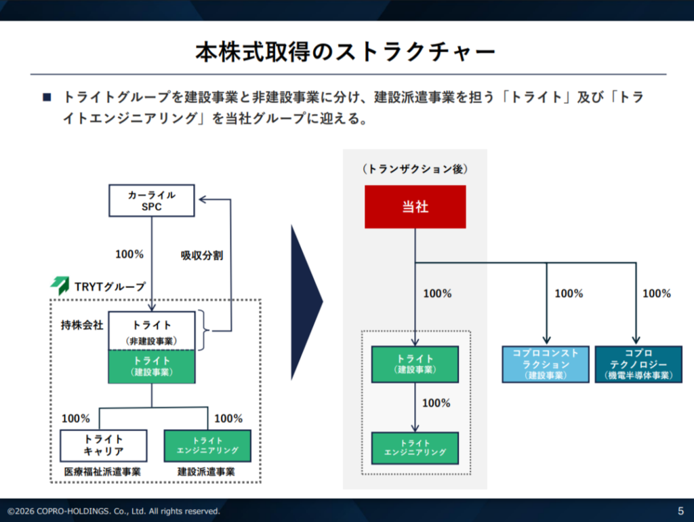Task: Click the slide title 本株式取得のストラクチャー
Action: [346, 52]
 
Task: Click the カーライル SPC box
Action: [152, 201]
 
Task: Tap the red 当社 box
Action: [415, 207]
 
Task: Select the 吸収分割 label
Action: [202, 256]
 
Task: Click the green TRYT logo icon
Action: [59, 285]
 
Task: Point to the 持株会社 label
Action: [81, 325]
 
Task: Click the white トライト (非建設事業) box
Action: [152, 332]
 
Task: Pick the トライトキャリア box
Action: [103, 445]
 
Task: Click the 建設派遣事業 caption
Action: [207, 471]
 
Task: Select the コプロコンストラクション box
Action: [546, 364]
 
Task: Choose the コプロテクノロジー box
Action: [638, 364]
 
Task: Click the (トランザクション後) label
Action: [415, 168]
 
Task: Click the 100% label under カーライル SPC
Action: [129, 254]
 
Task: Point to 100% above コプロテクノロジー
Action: [656, 294]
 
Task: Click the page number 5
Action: [680, 510]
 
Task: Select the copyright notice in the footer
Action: [114, 510]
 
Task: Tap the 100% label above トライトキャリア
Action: [76, 418]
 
